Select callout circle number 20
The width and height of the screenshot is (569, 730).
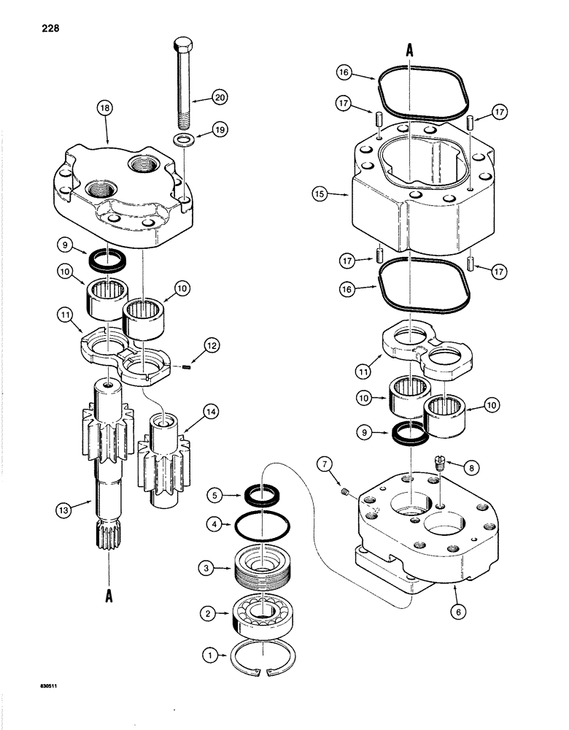click(x=220, y=96)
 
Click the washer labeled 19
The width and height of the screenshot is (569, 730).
click(x=183, y=139)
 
